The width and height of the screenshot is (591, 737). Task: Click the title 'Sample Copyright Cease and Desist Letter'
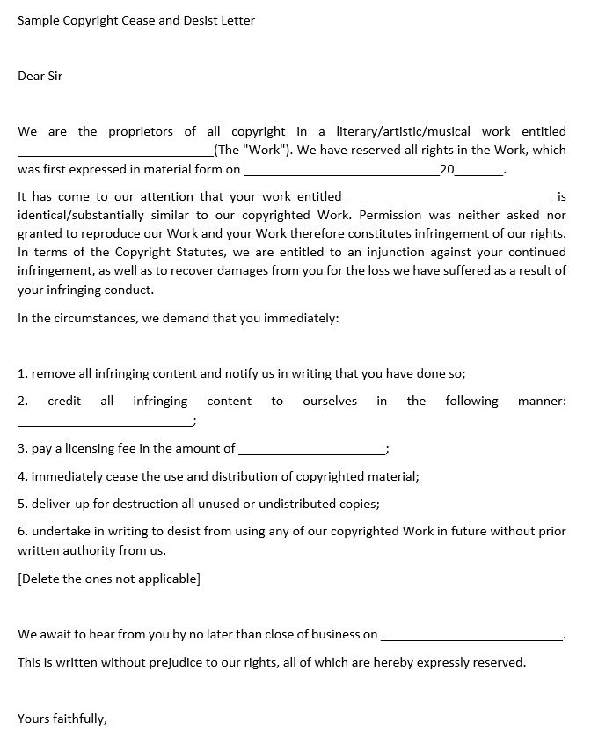(136, 19)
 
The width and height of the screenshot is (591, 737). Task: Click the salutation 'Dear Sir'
(40, 76)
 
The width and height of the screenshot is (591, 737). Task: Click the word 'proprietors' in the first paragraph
(140, 131)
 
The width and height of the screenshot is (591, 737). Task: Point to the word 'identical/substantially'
(87, 215)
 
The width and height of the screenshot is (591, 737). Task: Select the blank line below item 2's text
(104, 423)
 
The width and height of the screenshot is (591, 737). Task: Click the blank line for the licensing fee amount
(311, 451)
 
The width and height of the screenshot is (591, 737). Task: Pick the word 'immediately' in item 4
(66, 476)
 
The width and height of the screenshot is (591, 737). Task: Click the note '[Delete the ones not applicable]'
(109, 579)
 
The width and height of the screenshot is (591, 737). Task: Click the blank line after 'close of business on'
(471, 636)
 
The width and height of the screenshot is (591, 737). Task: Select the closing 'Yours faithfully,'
(62, 719)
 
